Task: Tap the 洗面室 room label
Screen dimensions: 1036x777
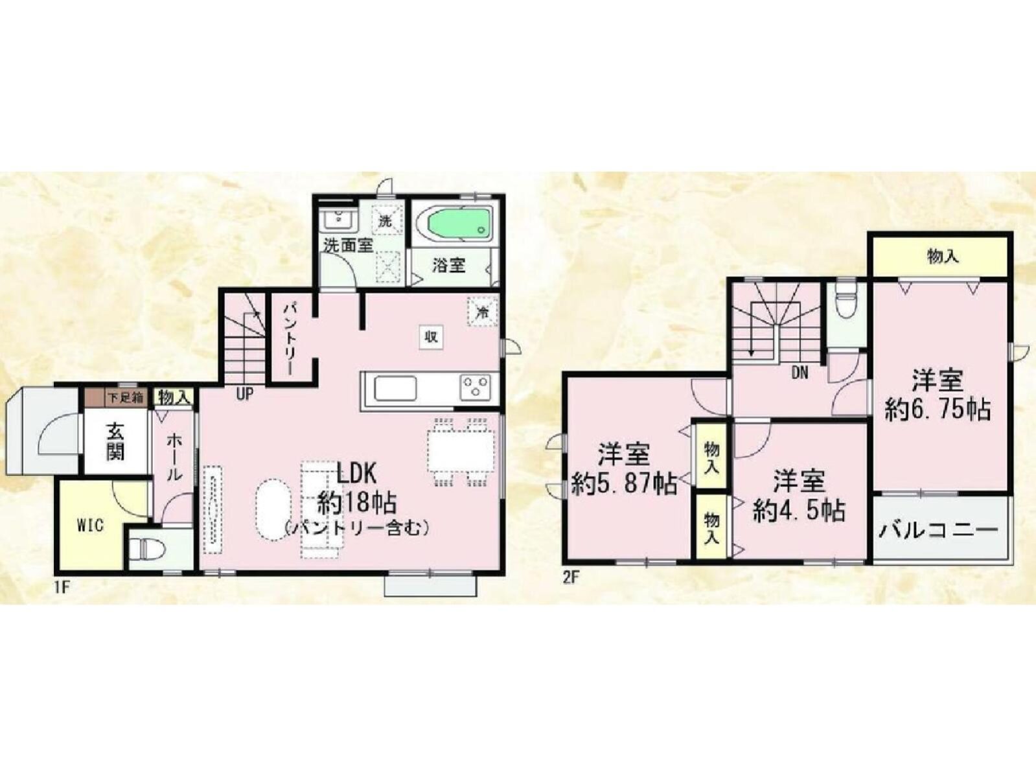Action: (348, 246)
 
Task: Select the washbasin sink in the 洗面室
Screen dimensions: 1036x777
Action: (338, 219)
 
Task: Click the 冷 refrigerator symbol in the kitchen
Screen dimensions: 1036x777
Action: (482, 312)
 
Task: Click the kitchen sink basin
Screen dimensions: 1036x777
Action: (395, 388)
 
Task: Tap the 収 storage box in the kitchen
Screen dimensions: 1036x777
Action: (431, 337)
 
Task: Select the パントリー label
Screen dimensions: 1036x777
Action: (290, 339)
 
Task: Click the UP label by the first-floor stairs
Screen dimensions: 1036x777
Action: (245, 393)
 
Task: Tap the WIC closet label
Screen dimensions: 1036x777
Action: (89, 526)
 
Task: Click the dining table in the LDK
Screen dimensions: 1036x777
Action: (461, 452)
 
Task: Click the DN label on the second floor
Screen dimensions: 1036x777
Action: (800, 373)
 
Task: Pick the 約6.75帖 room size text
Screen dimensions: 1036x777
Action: (938, 410)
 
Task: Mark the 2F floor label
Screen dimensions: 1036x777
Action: (570, 578)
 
